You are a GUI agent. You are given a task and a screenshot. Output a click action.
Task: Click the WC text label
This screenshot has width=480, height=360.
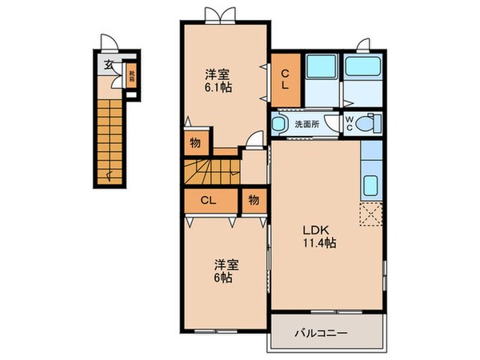[350, 124]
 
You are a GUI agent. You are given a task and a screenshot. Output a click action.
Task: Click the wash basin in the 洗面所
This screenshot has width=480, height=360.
[279, 124]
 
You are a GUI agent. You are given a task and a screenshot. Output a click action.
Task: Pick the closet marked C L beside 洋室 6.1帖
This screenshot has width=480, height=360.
[285, 79]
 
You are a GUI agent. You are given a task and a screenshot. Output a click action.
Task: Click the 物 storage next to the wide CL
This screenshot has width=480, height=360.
[252, 200]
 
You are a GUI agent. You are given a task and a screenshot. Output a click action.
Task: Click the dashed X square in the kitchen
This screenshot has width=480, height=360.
[372, 214]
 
